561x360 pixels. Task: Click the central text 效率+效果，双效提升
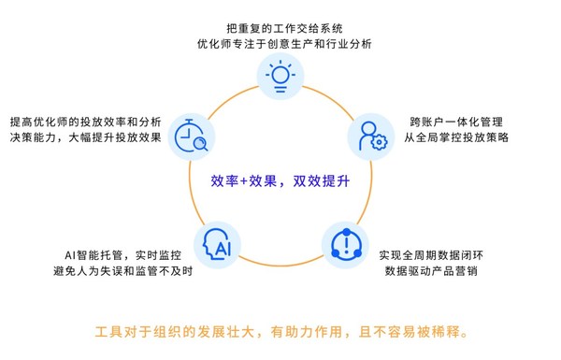280,180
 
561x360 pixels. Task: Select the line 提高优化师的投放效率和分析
85,122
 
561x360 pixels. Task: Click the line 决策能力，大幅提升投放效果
85,140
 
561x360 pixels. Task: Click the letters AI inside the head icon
221,247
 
